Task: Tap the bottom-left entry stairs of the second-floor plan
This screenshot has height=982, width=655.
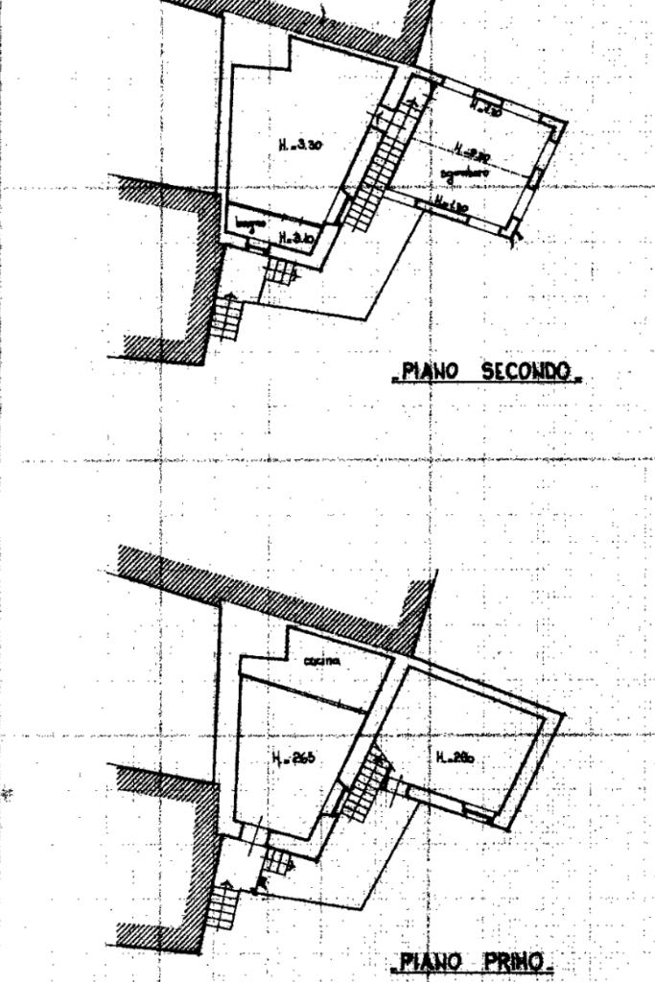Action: (225, 317)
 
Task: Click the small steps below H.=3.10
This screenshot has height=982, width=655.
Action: (282, 271)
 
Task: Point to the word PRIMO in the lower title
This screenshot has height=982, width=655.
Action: (514, 962)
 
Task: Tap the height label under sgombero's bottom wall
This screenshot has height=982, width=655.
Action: (448, 205)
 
